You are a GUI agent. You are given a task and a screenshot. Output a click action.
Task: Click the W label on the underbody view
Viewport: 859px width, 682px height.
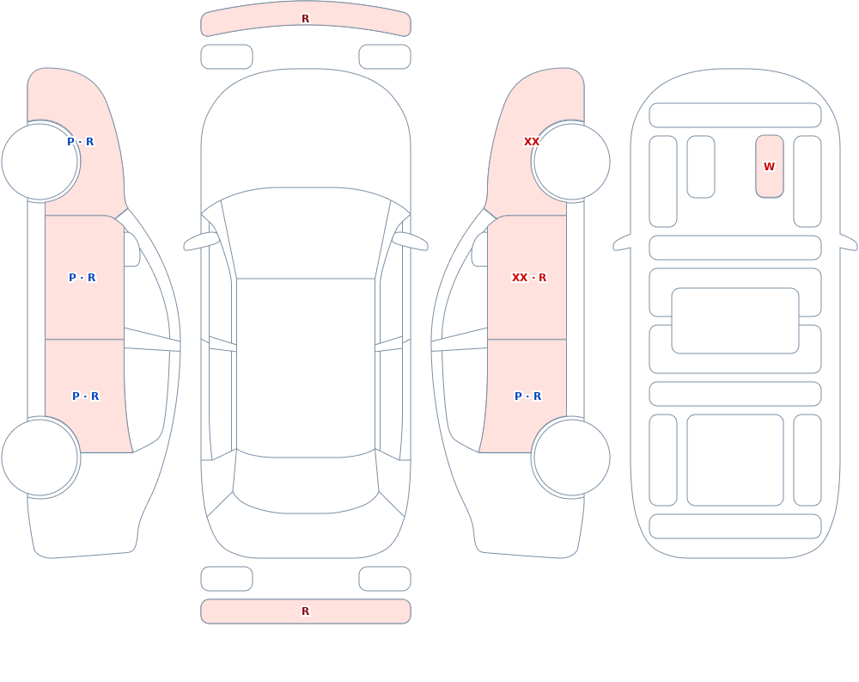769,166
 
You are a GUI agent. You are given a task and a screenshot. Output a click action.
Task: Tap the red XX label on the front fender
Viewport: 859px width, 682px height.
532,142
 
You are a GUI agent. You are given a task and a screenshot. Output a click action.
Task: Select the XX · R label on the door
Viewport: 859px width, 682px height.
528,278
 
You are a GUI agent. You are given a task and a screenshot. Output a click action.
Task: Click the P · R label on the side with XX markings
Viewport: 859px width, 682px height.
527,396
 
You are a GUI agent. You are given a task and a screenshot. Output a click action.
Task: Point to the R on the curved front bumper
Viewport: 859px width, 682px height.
306,19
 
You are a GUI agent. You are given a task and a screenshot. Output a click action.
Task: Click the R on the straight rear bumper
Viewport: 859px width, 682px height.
306,611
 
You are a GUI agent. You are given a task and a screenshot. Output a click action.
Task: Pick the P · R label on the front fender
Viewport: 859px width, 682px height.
81,142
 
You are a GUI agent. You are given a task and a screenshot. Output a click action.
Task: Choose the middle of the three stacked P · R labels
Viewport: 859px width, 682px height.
82,278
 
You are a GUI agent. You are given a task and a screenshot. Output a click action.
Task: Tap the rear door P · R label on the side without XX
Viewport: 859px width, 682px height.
85,396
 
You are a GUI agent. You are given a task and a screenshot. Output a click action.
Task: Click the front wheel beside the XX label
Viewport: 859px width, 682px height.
571,162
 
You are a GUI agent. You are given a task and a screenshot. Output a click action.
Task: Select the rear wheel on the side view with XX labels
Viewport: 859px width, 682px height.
571,458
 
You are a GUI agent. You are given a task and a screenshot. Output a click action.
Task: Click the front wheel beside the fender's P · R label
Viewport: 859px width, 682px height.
40,162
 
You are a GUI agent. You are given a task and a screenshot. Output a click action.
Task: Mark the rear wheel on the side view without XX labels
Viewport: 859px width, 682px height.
40,458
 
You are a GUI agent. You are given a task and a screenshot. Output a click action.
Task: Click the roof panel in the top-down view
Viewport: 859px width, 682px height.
306,367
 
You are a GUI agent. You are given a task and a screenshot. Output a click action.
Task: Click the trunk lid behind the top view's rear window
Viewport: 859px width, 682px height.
306,535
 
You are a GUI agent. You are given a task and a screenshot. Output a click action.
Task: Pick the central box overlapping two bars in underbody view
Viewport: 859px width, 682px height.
735,321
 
